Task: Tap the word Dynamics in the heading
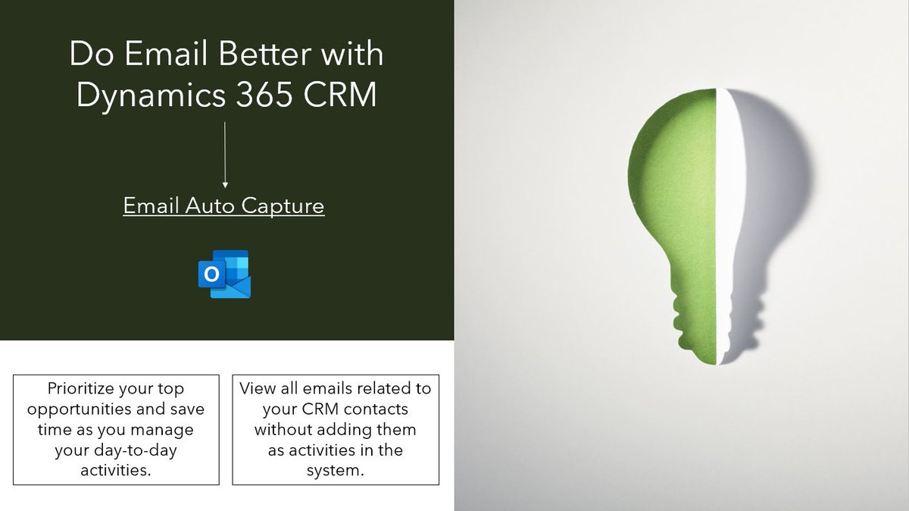click(x=146, y=97)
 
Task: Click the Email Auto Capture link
click(x=223, y=205)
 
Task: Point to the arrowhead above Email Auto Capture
click(x=224, y=183)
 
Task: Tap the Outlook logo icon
click(x=223, y=274)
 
